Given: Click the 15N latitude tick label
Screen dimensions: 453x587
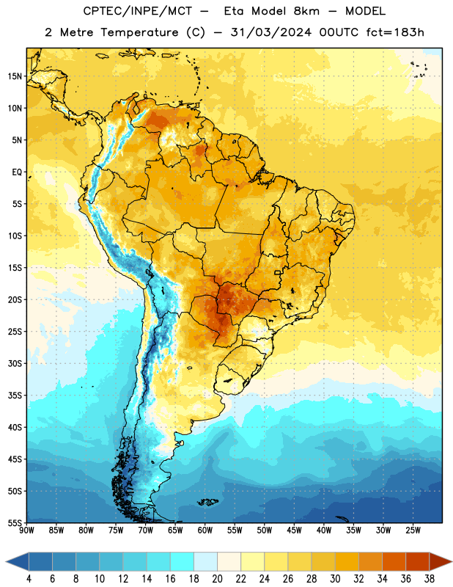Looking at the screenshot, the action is (15, 76).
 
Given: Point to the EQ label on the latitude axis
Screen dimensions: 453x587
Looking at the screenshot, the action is (17, 172).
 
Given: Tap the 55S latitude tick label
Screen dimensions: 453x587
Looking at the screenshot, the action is (15, 522).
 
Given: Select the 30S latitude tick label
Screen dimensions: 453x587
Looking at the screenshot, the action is (15, 363).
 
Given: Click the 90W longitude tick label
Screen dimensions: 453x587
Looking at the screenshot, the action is (26, 531).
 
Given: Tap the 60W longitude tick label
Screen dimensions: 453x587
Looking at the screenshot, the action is (205, 531).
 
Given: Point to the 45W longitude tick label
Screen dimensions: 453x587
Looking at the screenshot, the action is (294, 531).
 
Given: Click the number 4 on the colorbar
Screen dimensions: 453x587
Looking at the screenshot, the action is (29, 579).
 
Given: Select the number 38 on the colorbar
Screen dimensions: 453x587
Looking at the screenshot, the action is (430, 579).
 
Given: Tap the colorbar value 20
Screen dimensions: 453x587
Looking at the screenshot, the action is (217, 579).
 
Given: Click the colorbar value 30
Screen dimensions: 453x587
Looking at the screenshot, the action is (335, 579).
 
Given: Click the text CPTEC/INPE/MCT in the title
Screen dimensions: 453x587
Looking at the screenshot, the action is (137, 11).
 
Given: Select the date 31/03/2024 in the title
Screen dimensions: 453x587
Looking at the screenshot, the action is (270, 32).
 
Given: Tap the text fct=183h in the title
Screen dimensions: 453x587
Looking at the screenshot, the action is (395, 32).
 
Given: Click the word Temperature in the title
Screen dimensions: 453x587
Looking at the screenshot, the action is (139, 32).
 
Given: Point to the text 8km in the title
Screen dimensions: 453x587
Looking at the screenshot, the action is (306, 11).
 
